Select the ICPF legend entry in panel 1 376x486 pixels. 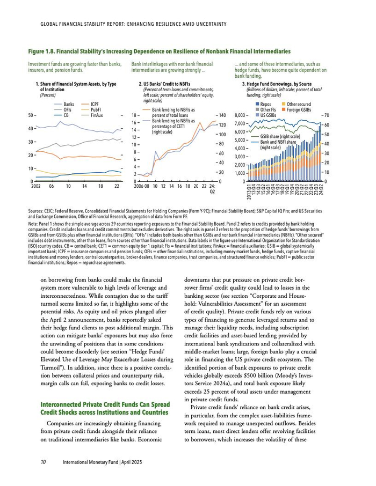[x=95, y=104]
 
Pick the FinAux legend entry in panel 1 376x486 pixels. [x=97, y=115]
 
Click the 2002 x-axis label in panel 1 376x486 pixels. [x=37, y=186]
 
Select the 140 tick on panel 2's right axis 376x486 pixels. [x=222, y=115]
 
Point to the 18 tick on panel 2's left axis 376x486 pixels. [x=135, y=115]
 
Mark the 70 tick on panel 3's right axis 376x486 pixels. [x=327, y=115]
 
